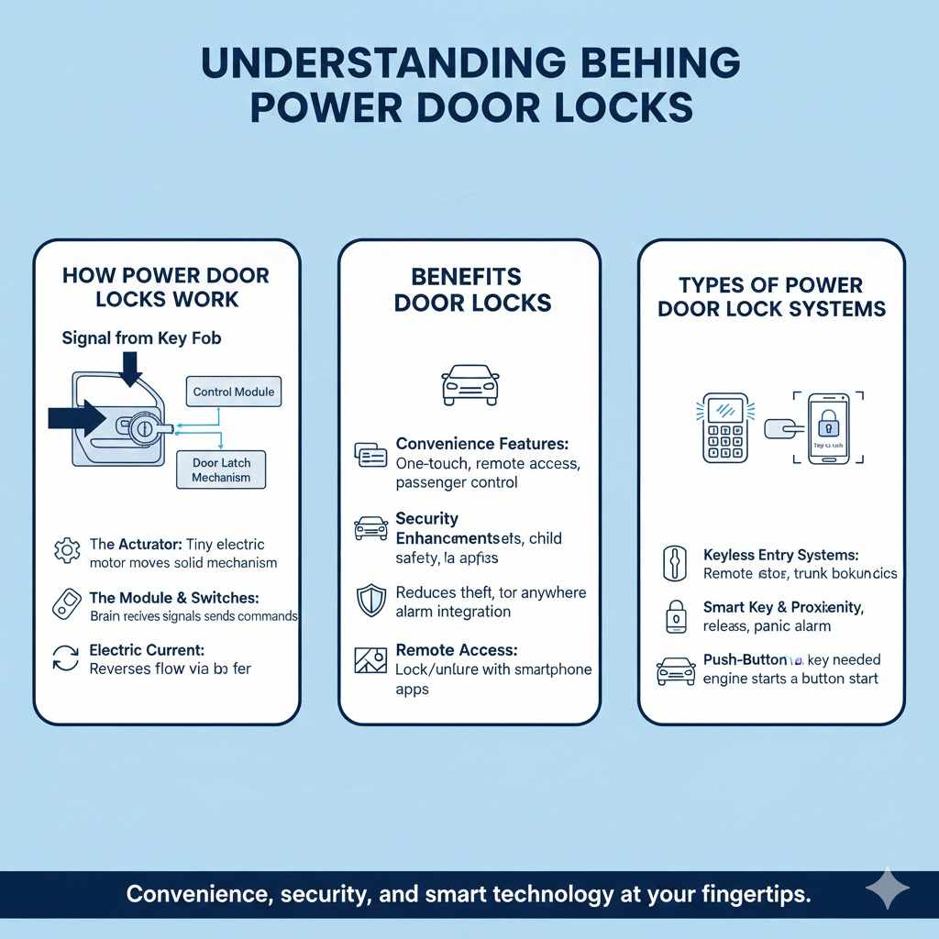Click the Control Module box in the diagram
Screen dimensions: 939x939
click(234, 392)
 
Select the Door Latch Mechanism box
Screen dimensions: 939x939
click(221, 470)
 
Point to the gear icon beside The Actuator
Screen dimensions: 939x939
click(67, 551)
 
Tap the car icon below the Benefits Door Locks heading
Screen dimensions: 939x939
click(469, 384)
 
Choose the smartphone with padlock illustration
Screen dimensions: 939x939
click(829, 428)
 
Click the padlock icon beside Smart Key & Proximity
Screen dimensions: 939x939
click(674, 616)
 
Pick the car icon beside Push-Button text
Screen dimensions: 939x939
click(676, 670)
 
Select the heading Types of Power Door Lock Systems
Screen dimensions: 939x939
click(771, 296)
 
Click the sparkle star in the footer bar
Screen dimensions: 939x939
click(888, 890)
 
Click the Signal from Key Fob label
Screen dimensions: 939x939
click(141, 337)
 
